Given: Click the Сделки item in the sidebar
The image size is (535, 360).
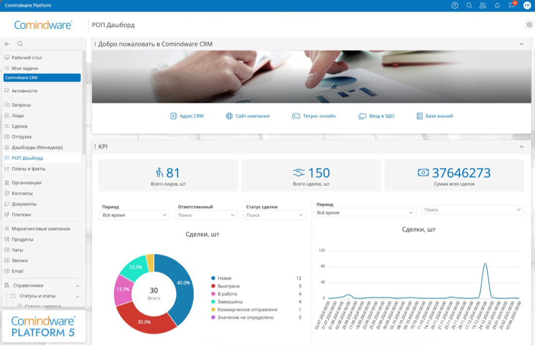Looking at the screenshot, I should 19,126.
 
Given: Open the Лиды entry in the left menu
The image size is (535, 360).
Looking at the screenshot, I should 17,115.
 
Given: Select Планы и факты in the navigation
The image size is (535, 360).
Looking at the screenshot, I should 28,169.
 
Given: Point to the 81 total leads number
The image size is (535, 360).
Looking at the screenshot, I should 173,173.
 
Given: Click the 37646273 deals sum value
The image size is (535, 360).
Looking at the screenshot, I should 461,173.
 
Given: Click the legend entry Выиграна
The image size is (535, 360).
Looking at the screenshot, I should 228,286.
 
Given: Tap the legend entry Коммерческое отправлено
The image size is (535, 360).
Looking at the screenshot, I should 247,310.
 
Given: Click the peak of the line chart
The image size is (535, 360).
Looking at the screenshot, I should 485,264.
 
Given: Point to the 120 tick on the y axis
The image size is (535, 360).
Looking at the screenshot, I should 322,250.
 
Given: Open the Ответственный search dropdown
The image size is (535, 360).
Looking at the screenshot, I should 206,215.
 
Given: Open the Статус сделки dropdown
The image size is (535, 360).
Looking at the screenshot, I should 274,215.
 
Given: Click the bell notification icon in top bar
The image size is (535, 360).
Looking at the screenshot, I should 497,6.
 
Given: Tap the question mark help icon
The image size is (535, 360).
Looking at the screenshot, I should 454,6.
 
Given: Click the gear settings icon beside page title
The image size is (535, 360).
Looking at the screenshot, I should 529,25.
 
